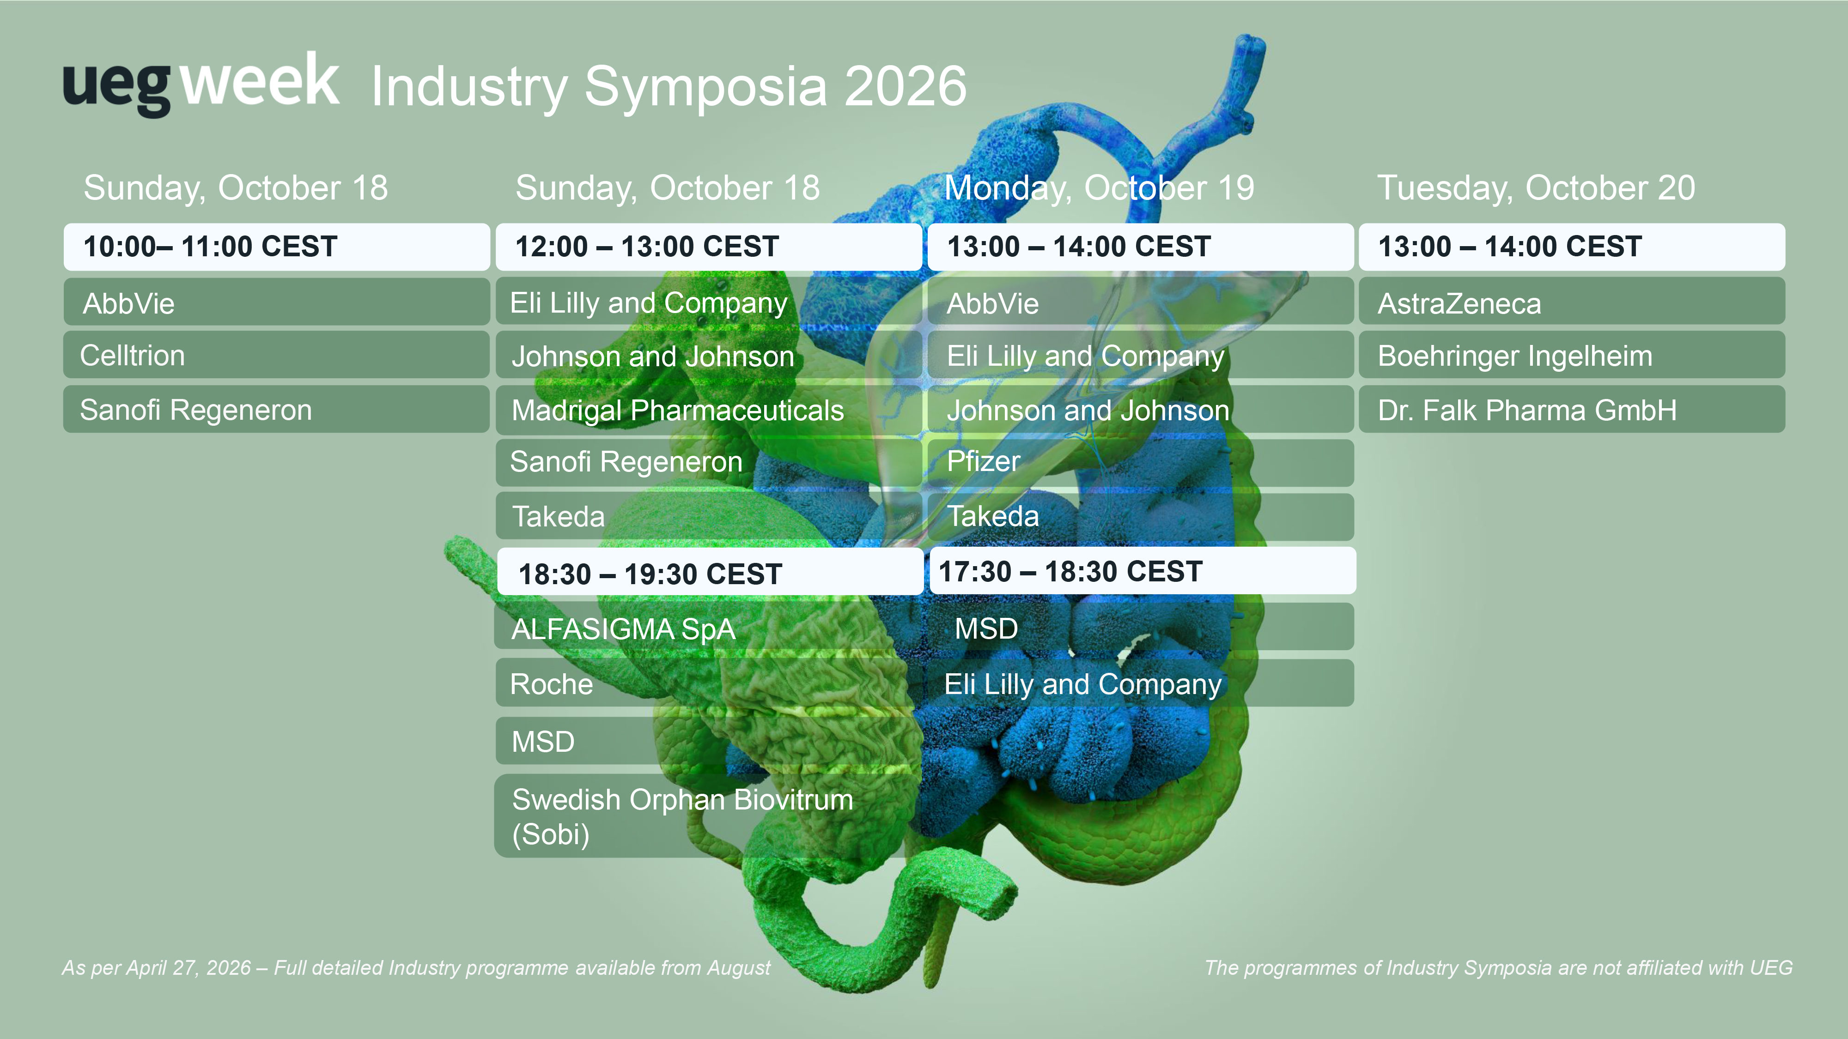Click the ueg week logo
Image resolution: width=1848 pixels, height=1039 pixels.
point(201,84)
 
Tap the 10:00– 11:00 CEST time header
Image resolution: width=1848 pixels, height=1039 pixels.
point(277,247)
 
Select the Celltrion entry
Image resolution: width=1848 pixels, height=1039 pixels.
point(277,355)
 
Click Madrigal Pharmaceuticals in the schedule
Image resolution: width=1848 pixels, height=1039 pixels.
point(709,410)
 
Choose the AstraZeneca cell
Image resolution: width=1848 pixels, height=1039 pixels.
point(1572,302)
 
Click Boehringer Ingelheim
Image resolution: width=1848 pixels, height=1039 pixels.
point(1572,355)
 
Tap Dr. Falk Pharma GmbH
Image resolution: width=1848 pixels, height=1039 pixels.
point(1572,410)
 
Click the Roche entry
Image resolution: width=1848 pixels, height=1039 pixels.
point(709,683)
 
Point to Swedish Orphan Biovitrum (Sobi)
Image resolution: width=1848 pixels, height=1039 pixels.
point(709,816)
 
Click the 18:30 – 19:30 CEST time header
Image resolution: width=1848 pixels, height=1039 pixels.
point(710,572)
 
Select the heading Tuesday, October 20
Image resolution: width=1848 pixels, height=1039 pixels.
point(1536,188)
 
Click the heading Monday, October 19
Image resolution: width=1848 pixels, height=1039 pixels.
point(1099,188)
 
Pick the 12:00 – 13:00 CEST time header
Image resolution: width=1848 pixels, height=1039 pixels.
point(709,247)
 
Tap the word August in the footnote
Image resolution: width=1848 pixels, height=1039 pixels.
point(739,968)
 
